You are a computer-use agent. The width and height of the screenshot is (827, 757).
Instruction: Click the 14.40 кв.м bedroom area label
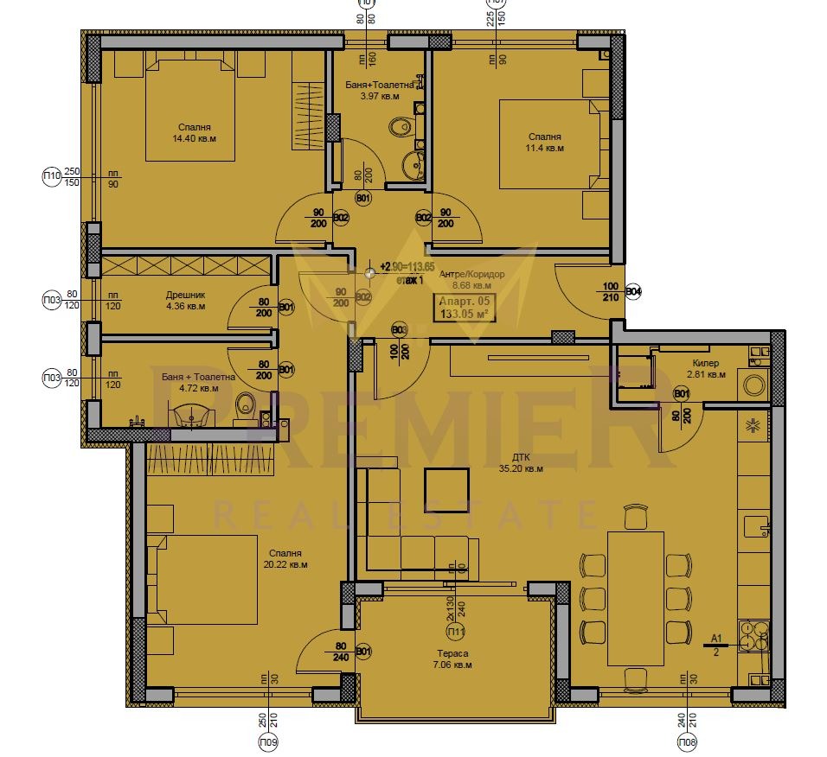[194, 132]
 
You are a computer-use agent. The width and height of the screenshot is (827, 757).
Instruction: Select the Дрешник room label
[185, 300]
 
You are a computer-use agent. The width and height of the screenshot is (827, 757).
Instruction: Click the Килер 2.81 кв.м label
[705, 369]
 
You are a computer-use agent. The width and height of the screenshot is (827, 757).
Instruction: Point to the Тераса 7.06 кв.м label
[453, 659]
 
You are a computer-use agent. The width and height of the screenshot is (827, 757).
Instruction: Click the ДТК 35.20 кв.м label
[521, 463]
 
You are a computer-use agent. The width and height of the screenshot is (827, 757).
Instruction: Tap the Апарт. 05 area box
[465, 307]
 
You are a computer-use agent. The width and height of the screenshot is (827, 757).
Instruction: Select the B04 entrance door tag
[633, 291]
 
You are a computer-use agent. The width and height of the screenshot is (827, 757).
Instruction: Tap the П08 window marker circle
[688, 741]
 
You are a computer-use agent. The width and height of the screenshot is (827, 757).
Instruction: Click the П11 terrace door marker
[451, 633]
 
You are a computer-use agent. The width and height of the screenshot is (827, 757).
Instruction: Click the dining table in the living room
[636, 598]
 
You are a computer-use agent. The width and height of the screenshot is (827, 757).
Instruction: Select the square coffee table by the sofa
[446, 490]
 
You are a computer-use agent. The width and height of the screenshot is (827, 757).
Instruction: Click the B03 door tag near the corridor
[399, 329]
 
